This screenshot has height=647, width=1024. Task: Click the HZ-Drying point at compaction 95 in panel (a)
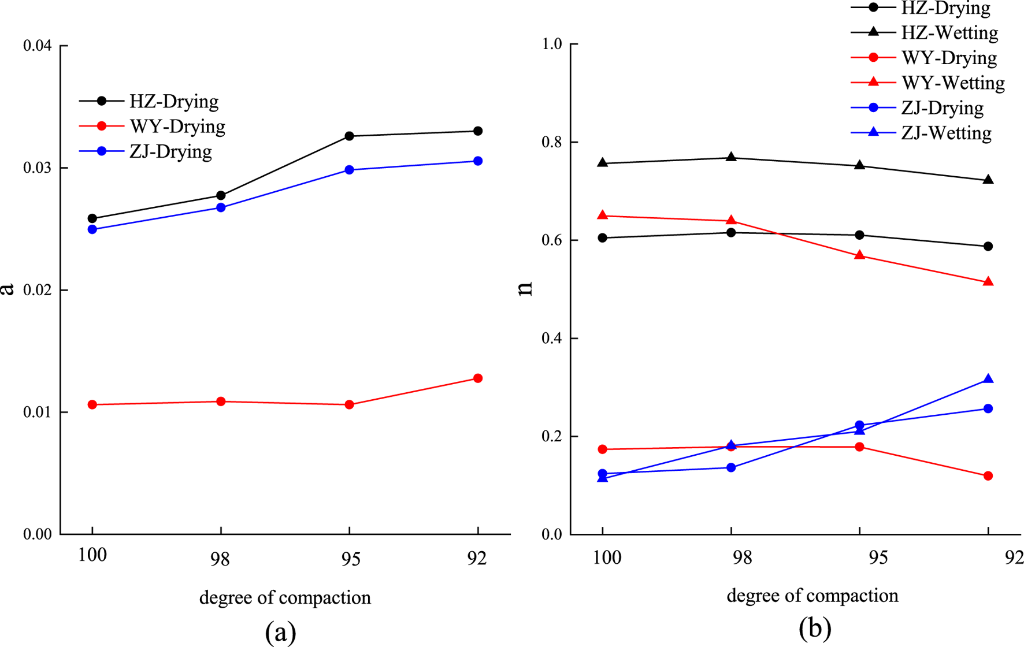(349, 136)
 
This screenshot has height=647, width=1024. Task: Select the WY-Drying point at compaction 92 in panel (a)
(478, 378)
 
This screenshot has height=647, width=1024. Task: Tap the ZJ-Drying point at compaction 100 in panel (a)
(92, 229)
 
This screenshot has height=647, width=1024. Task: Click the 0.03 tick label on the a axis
(38, 168)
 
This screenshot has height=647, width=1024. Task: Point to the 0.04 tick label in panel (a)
(38, 46)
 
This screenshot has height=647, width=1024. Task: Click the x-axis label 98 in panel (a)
(220, 559)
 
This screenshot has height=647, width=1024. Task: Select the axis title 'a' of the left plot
(8, 289)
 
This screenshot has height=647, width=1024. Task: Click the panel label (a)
(281, 632)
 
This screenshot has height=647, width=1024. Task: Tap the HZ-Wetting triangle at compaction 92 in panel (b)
(988, 180)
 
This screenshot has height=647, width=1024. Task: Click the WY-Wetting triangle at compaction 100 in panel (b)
(603, 215)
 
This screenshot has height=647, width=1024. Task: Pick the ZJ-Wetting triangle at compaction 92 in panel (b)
(988, 379)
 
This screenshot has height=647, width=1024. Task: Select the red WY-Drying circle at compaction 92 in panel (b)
(988, 476)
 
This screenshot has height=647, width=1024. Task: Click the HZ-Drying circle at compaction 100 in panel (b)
(603, 238)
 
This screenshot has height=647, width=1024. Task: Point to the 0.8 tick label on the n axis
(552, 143)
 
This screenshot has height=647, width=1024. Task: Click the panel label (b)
(815, 628)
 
